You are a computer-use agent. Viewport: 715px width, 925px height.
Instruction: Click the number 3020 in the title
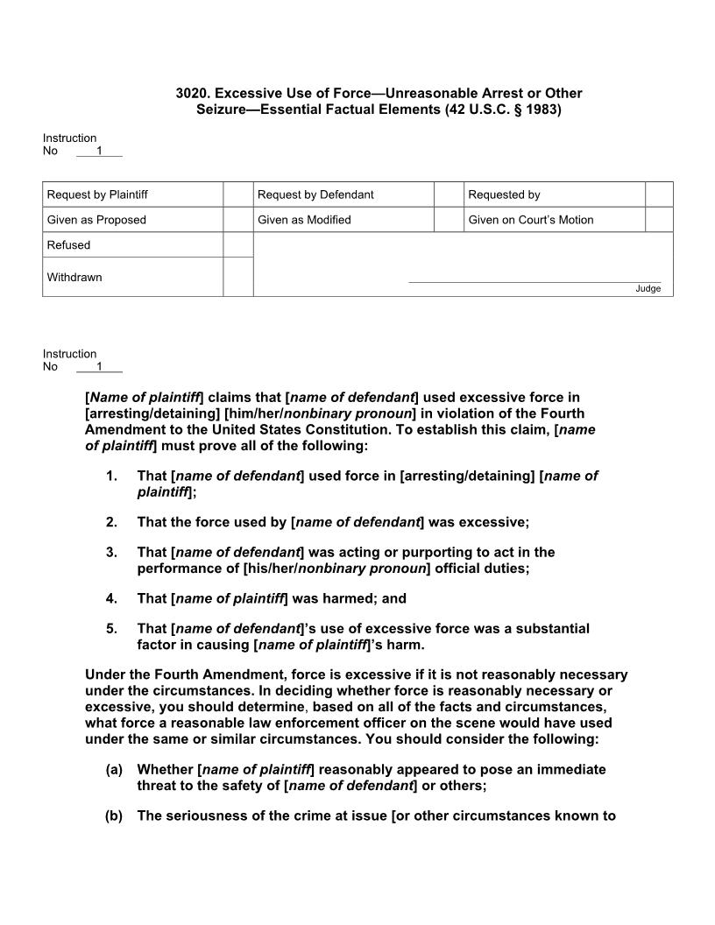[191, 93]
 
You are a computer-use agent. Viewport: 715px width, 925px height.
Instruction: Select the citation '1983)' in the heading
[542, 110]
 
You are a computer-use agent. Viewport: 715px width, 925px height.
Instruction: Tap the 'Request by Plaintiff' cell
[97, 194]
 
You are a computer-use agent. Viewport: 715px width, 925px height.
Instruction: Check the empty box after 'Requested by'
[659, 194]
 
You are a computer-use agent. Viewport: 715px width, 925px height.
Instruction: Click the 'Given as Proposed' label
[96, 220]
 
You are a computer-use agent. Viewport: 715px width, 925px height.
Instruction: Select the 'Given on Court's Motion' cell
[531, 220]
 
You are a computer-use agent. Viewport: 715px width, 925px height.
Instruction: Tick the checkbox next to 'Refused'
[237, 245]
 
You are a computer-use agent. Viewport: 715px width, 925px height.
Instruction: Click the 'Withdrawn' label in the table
[74, 278]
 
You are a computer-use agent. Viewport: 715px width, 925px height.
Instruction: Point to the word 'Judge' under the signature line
[648, 289]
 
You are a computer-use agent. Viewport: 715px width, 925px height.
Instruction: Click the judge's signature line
[534, 281]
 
